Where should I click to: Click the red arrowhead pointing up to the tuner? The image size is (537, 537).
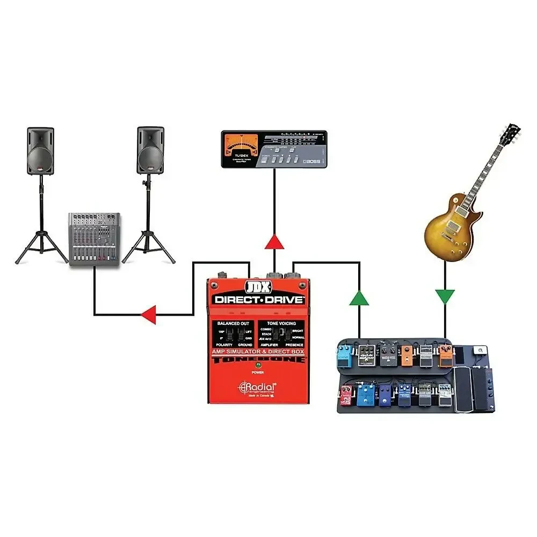click(x=274, y=242)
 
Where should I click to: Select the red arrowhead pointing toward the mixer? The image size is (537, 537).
click(x=148, y=315)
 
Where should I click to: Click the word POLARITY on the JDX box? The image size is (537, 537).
click(x=226, y=345)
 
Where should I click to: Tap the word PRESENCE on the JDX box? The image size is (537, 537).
click(x=294, y=345)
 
